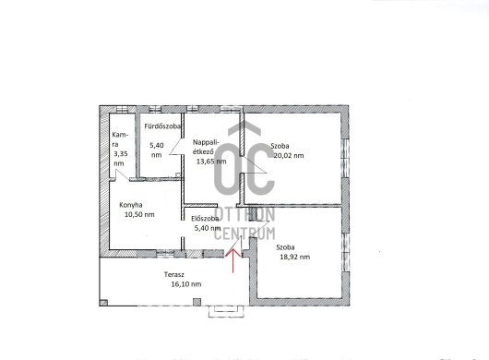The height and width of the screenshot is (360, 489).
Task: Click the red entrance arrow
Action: [x=233, y=260]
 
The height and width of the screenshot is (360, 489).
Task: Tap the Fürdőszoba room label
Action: [x=162, y=126]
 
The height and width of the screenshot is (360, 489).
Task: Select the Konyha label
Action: [x=131, y=205]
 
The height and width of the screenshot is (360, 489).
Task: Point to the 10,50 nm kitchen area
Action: [x=139, y=215]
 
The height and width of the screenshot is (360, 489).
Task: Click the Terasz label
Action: [x=174, y=274]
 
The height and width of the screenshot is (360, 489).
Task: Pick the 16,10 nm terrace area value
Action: [x=186, y=284]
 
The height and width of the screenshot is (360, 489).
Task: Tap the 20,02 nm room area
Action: [x=289, y=155]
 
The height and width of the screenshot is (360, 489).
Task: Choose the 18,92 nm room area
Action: [x=295, y=257]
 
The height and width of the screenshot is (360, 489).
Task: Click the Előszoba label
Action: [x=205, y=219]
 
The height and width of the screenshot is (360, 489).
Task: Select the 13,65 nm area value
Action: [x=211, y=162]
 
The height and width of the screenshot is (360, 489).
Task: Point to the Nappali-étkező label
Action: [x=206, y=147]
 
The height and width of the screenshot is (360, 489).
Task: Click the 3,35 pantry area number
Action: [x=121, y=154]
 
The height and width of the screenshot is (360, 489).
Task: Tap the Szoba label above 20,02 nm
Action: [x=280, y=146]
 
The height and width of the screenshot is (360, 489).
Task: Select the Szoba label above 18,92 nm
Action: [x=285, y=247]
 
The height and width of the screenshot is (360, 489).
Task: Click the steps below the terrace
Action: [x=226, y=311]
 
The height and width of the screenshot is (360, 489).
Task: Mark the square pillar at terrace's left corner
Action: [x=103, y=303]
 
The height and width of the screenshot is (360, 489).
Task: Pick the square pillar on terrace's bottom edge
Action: [x=197, y=302]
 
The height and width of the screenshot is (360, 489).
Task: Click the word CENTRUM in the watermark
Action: [x=244, y=234]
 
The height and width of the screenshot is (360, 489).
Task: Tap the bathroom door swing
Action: [x=175, y=147]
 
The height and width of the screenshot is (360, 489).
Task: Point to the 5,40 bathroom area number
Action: [x=157, y=145]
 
